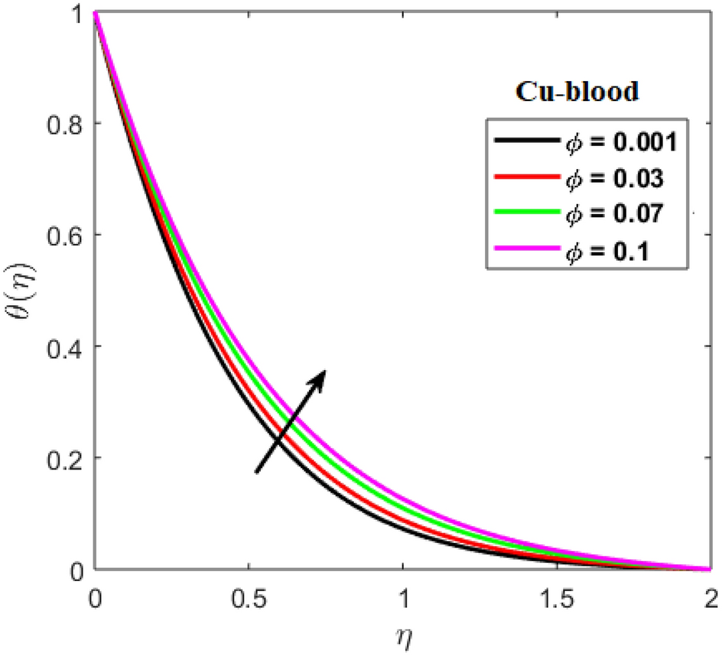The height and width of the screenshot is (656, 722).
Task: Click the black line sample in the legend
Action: (x=525, y=143)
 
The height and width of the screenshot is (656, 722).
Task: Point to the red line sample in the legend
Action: (x=525, y=179)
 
